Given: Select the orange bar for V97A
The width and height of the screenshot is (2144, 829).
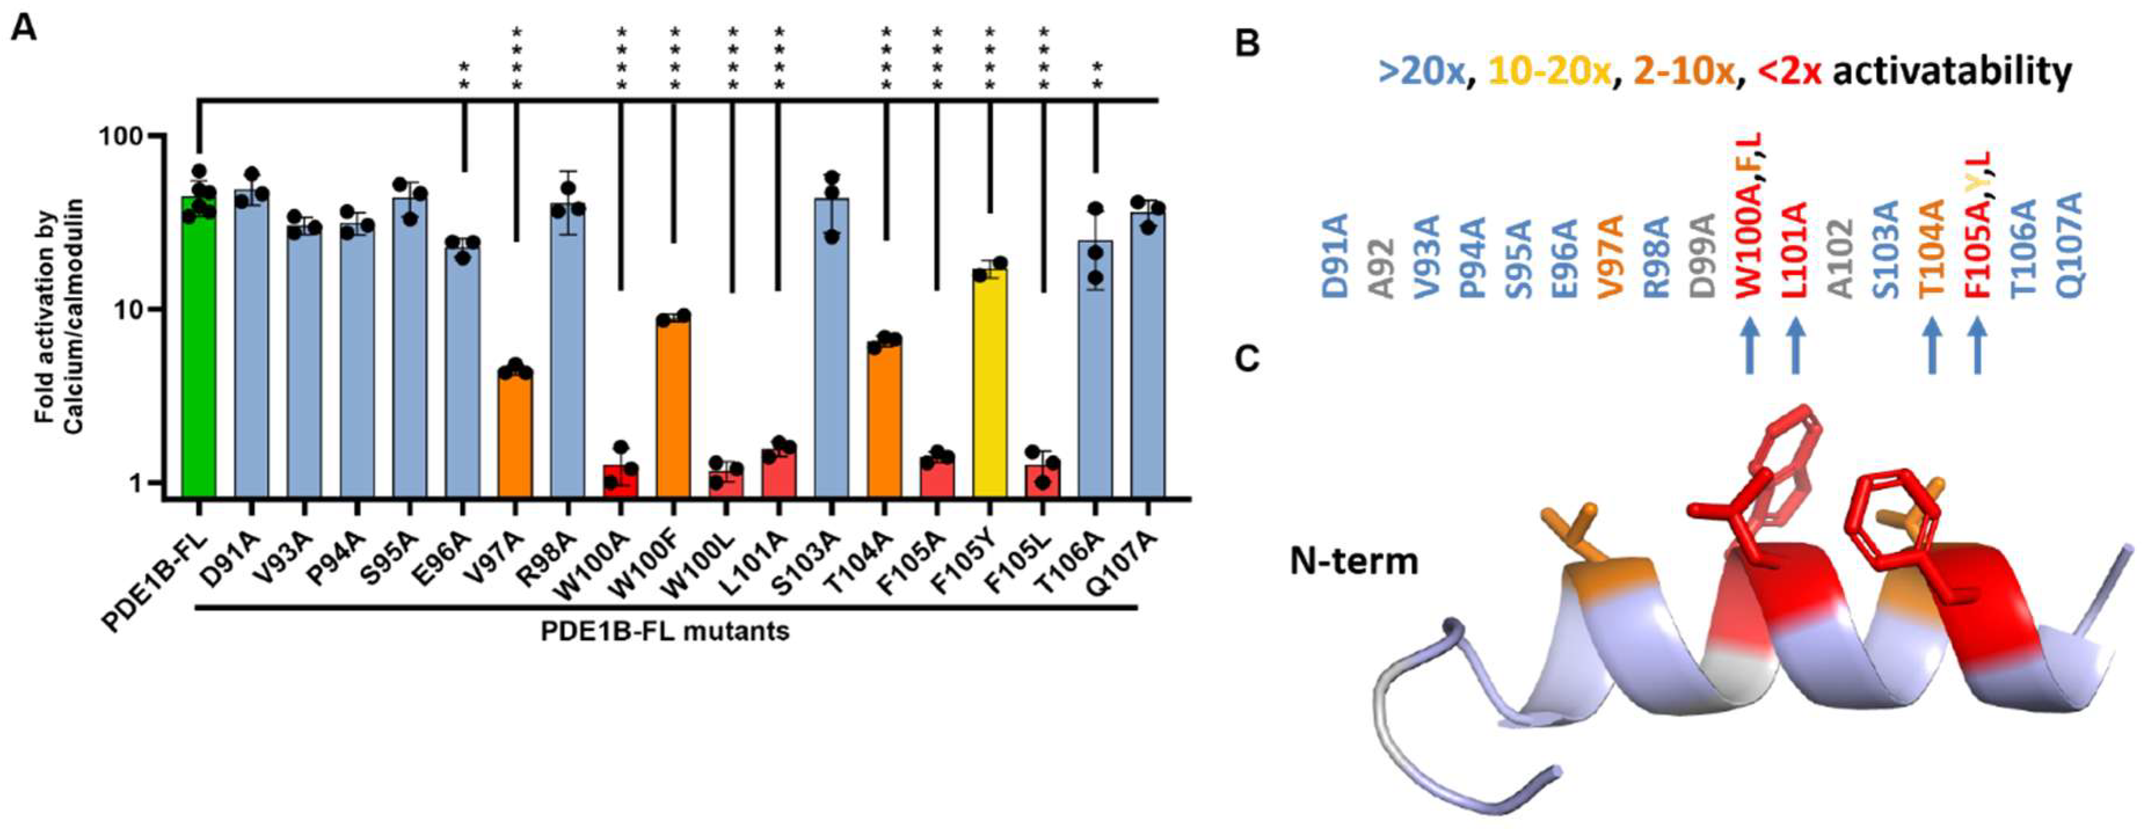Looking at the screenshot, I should pos(515,433).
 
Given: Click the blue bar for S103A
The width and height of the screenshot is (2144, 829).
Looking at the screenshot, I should pos(832,349).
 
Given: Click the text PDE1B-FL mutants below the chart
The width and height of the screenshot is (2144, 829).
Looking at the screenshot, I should pos(665,631).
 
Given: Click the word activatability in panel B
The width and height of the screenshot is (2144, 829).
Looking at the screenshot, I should pos(1952,72).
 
